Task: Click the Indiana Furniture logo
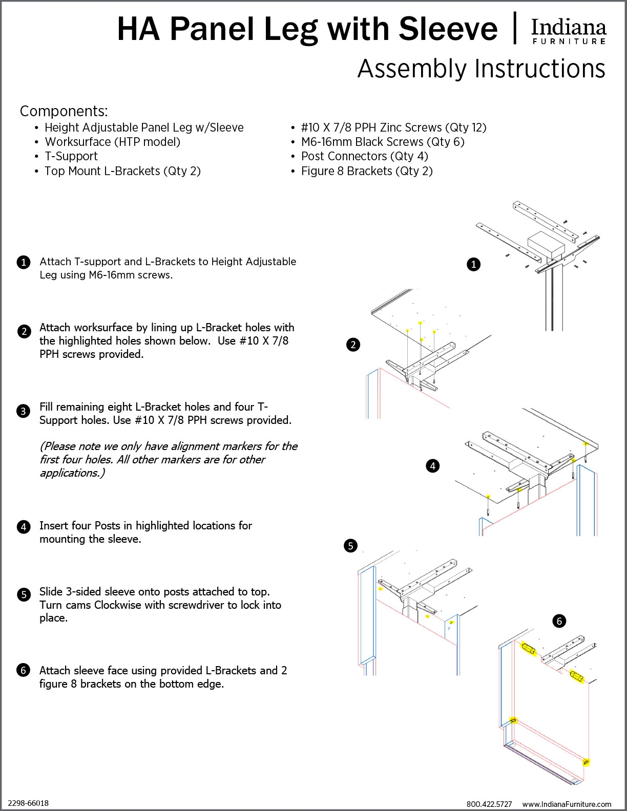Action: coord(569,31)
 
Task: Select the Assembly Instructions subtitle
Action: coord(481,69)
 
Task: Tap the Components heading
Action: coord(64,111)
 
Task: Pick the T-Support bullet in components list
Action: coord(71,156)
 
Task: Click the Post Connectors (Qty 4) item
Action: coord(364,156)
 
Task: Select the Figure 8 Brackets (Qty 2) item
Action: coord(367,171)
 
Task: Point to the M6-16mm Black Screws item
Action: coord(383,142)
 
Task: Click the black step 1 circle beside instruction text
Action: coord(23,263)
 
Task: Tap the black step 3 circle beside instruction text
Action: coord(23,411)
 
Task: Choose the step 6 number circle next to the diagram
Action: coord(559,621)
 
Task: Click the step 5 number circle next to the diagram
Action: coord(350,546)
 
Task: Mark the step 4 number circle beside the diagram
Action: coord(433,466)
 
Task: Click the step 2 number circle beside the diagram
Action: coord(353,345)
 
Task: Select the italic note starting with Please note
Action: coord(169,459)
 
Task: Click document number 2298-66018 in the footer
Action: coord(28,803)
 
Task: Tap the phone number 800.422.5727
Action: coord(489,804)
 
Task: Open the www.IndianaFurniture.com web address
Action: coord(567,804)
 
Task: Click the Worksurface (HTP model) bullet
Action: coord(112,142)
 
